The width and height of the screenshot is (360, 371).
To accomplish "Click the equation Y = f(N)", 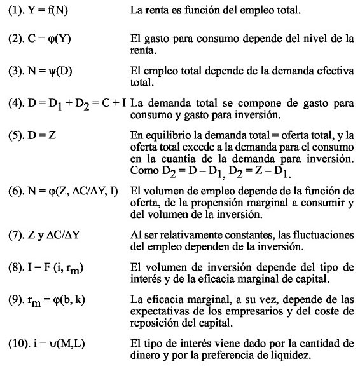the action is (45, 11).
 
